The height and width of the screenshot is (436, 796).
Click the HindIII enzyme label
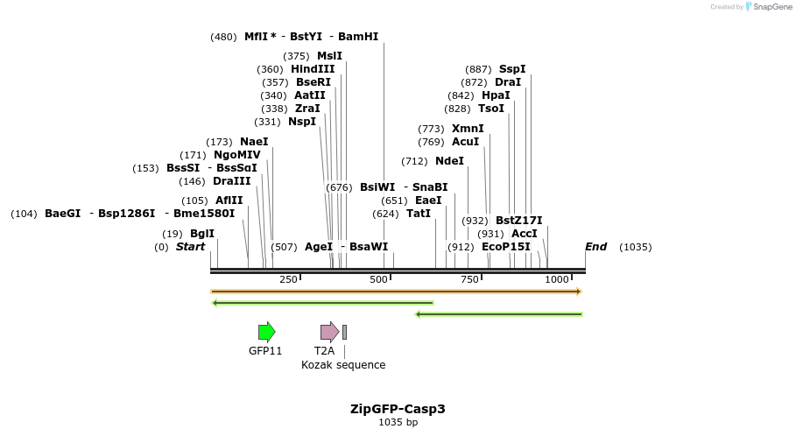pyautogui.click(x=313, y=69)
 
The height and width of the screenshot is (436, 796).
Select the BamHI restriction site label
pyautogui.click(x=358, y=37)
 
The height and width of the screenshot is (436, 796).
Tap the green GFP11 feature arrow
pyautogui.click(x=266, y=332)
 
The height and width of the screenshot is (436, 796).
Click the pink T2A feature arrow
pyautogui.click(x=329, y=332)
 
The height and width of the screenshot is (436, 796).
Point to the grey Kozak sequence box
pyautogui.click(x=344, y=332)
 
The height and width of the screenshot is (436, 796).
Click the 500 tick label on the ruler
pyautogui.click(x=378, y=279)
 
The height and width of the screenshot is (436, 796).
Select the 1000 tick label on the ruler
pyautogui.click(x=557, y=279)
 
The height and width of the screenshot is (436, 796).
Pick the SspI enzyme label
pyautogui.click(x=512, y=69)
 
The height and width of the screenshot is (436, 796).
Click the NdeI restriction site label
pyautogui.click(x=449, y=161)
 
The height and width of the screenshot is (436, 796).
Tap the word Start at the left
pyautogui.click(x=190, y=247)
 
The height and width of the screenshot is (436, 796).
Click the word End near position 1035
pyautogui.click(x=595, y=247)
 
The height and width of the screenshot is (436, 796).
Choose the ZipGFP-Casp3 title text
pyautogui.click(x=398, y=409)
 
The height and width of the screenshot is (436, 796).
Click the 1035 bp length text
pyautogui.click(x=398, y=423)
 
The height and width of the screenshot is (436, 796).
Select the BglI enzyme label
pyautogui.click(x=201, y=234)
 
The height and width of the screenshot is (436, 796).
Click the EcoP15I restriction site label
pyautogui.click(x=506, y=247)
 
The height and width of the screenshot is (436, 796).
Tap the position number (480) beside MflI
pyautogui.click(x=223, y=37)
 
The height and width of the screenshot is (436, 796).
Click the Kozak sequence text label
pyautogui.click(x=343, y=365)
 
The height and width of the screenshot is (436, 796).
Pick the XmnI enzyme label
pyautogui.click(x=468, y=129)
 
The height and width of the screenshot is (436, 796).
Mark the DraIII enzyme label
pyautogui.click(x=231, y=181)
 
